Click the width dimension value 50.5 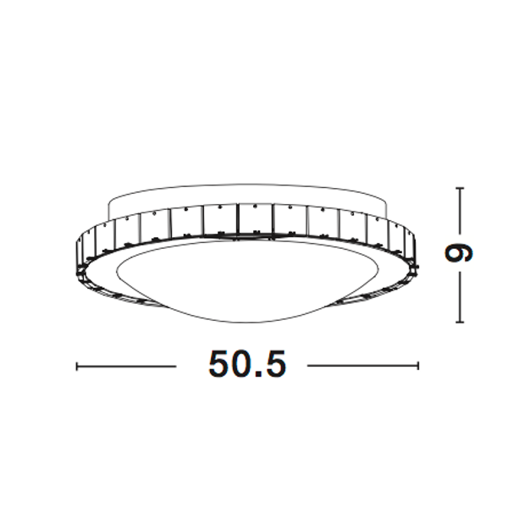(x=246, y=364)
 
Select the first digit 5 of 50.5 (x=219, y=364)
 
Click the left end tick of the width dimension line (x=77, y=366)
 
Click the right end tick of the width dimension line (x=418, y=366)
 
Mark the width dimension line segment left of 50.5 (x=127, y=366)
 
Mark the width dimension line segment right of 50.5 (x=362, y=366)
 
